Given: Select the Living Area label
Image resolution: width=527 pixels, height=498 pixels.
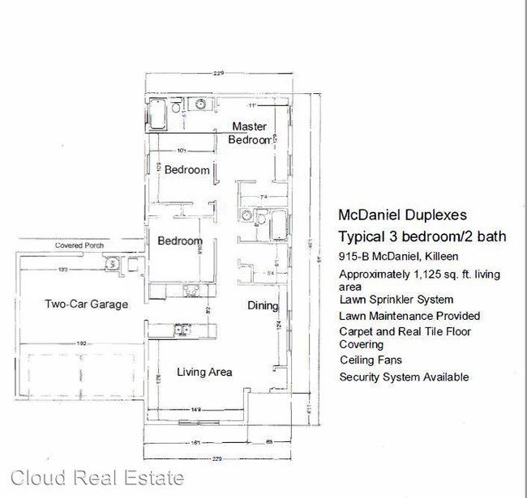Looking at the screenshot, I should pyautogui.click(x=205, y=372).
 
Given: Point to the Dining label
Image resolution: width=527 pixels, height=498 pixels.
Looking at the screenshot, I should pyautogui.click(x=263, y=306).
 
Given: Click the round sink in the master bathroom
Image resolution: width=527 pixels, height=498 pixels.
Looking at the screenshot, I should pyautogui.click(x=199, y=104).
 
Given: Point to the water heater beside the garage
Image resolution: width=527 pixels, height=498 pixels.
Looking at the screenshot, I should pyautogui.click(x=110, y=263).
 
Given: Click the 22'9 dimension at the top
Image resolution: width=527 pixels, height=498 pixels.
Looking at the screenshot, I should pyautogui.click(x=217, y=74).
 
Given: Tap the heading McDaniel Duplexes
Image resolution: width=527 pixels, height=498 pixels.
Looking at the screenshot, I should pyautogui.click(x=401, y=216).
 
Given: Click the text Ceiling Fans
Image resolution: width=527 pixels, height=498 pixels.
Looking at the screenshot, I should pyautogui.click(x=370, y=360).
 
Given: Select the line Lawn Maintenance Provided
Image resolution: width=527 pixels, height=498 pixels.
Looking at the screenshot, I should pyautogui.click(x=409, y=316).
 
